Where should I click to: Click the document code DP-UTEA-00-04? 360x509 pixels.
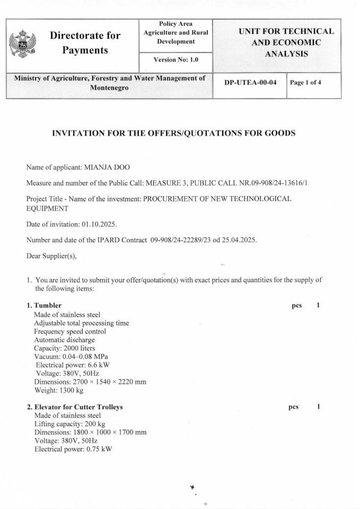pos(250,83)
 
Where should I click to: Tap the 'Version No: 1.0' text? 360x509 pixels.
pos(175,60)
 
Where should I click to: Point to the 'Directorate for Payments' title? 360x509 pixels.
pos(85,43)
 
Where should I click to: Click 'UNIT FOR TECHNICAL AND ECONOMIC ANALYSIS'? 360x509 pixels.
pos(286,42)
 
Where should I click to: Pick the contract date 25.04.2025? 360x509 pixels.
pos(239,240)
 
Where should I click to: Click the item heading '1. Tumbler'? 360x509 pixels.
pos(44,305)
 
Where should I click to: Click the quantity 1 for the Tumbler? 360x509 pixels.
pos(318,305)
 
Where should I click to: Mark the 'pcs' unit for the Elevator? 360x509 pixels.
pos(293,407)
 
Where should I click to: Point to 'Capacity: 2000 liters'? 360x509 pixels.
pos(65,348)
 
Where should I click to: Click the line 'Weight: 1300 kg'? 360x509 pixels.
pos(59,391)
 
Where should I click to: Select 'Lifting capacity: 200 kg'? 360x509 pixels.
pos(69,424)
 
